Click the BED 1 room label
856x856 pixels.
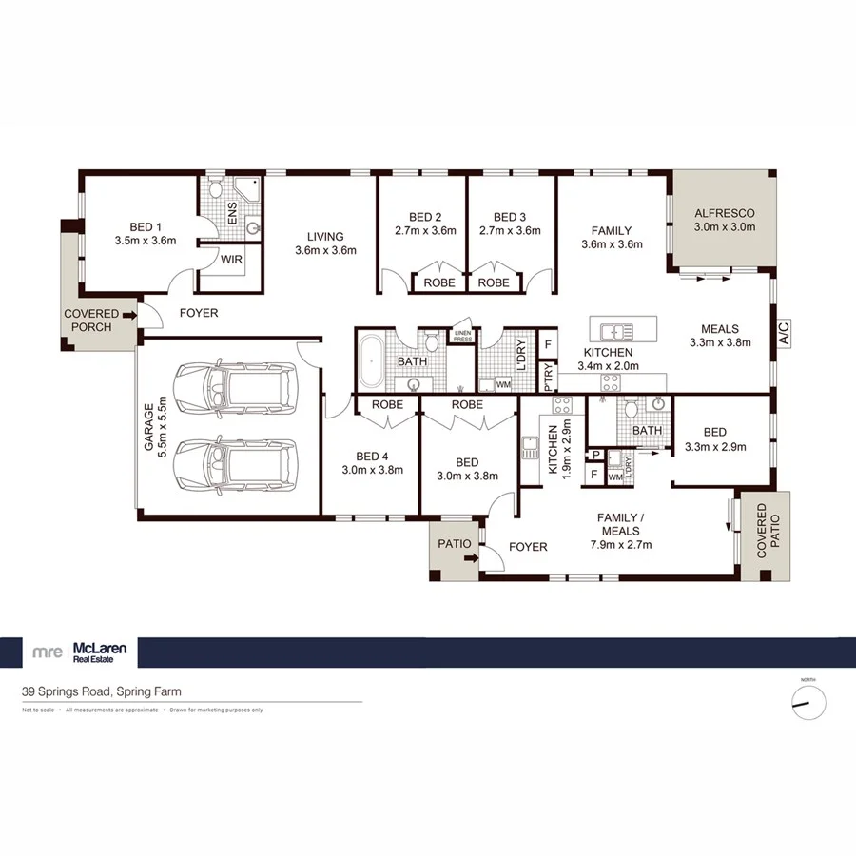145,226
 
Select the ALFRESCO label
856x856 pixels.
725,214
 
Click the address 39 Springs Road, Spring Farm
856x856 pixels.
102,692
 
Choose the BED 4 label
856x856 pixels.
373,455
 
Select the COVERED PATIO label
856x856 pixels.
767,536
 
